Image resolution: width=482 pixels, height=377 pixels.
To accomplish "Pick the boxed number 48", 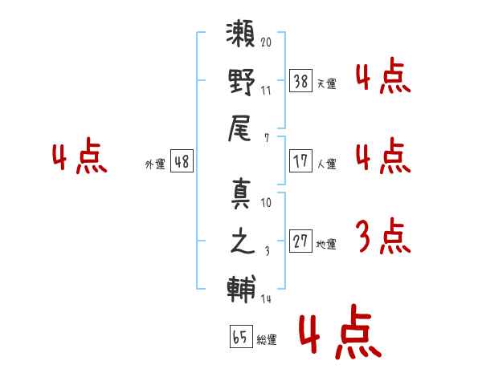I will [x=182, y=161].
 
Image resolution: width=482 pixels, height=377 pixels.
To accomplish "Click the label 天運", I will [x=325, y=83].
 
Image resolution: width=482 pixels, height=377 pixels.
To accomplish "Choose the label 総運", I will [x=266, y=340].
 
